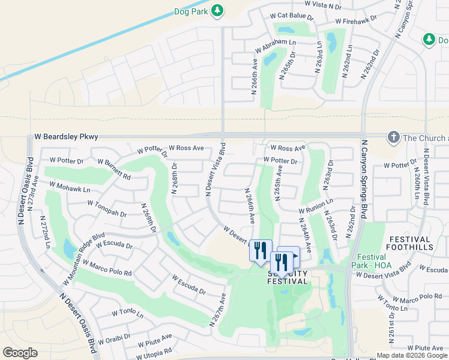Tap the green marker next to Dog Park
217,10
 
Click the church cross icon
394,137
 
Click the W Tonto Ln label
127,313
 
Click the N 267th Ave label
217,310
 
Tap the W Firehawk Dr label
357,20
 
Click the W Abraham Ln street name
276,43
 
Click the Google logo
20,352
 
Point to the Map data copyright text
411,355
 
